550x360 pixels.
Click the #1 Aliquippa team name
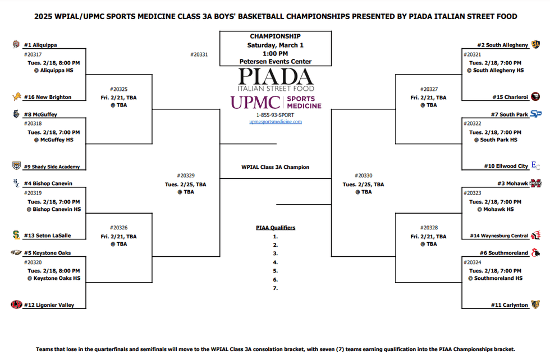click(40, 45)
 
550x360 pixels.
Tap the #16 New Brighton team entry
click(47, 97)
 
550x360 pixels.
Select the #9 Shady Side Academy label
click(52, 167)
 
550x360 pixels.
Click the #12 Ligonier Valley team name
click(49, 305)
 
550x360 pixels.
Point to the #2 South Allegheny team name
click(502, 45)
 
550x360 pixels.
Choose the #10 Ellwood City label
click(506, 166)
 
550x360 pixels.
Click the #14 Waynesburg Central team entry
click(499, 236)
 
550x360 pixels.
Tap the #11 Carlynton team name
click(510, 305)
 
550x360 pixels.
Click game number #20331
click(199, 54)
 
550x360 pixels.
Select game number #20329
click(185, 176)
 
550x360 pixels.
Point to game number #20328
click(429, 228)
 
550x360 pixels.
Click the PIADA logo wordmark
click(275, 76)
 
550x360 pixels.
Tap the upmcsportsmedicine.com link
click(276, 122)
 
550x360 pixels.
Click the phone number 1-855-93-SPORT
click(276, 115)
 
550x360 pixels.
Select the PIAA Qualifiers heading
click(276, 228)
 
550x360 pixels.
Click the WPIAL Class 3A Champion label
click(276, 167)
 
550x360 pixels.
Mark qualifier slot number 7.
click(276, 288)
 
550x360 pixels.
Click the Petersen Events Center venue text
click(276, 62)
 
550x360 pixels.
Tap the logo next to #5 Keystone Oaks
click(16, 253)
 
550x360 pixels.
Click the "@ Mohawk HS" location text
click(496, 209)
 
